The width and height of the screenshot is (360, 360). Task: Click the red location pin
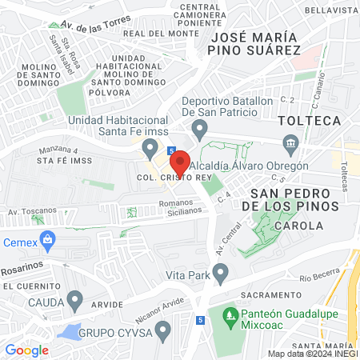point(180,162)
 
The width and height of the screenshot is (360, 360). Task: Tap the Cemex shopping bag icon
point(48,238)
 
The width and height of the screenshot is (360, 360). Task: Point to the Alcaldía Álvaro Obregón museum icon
point(290,144)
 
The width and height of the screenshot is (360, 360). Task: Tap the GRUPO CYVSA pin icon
point(163,330)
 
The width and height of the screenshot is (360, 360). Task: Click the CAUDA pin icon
point(75,302)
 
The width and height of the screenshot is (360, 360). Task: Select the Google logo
point(26,350)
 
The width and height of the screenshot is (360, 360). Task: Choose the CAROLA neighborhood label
point(298,226)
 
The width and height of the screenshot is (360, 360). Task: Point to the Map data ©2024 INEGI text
point(311,354)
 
